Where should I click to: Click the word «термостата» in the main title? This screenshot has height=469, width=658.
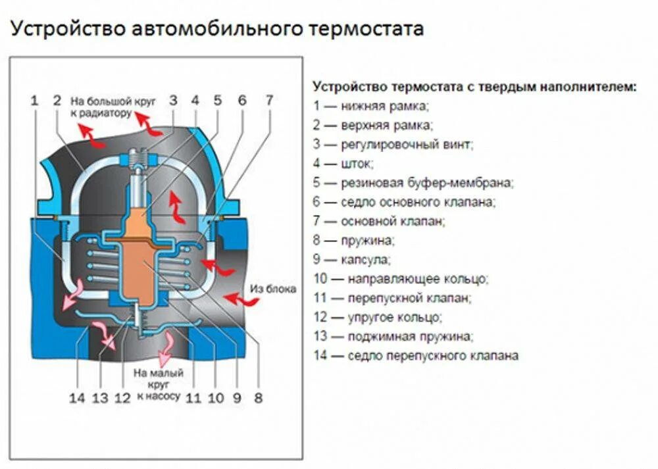click(356, 30)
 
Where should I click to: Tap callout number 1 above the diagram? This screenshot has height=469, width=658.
click(34, 101)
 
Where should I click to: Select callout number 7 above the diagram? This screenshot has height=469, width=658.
click(268, 101)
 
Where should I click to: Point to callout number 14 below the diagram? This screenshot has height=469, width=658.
click(77, 397)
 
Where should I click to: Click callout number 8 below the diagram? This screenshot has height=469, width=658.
click(258, 397)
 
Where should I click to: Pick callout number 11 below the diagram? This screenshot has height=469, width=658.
click(193, 397)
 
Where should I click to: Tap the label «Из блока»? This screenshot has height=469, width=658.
click(273, 289)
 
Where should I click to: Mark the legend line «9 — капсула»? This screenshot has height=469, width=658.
click(351, 259)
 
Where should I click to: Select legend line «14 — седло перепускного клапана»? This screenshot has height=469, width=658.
click(415, 355)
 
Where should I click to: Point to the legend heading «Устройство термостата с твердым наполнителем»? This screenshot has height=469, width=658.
click(474, 86)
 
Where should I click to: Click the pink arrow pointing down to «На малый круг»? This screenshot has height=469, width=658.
click(162, 349)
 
